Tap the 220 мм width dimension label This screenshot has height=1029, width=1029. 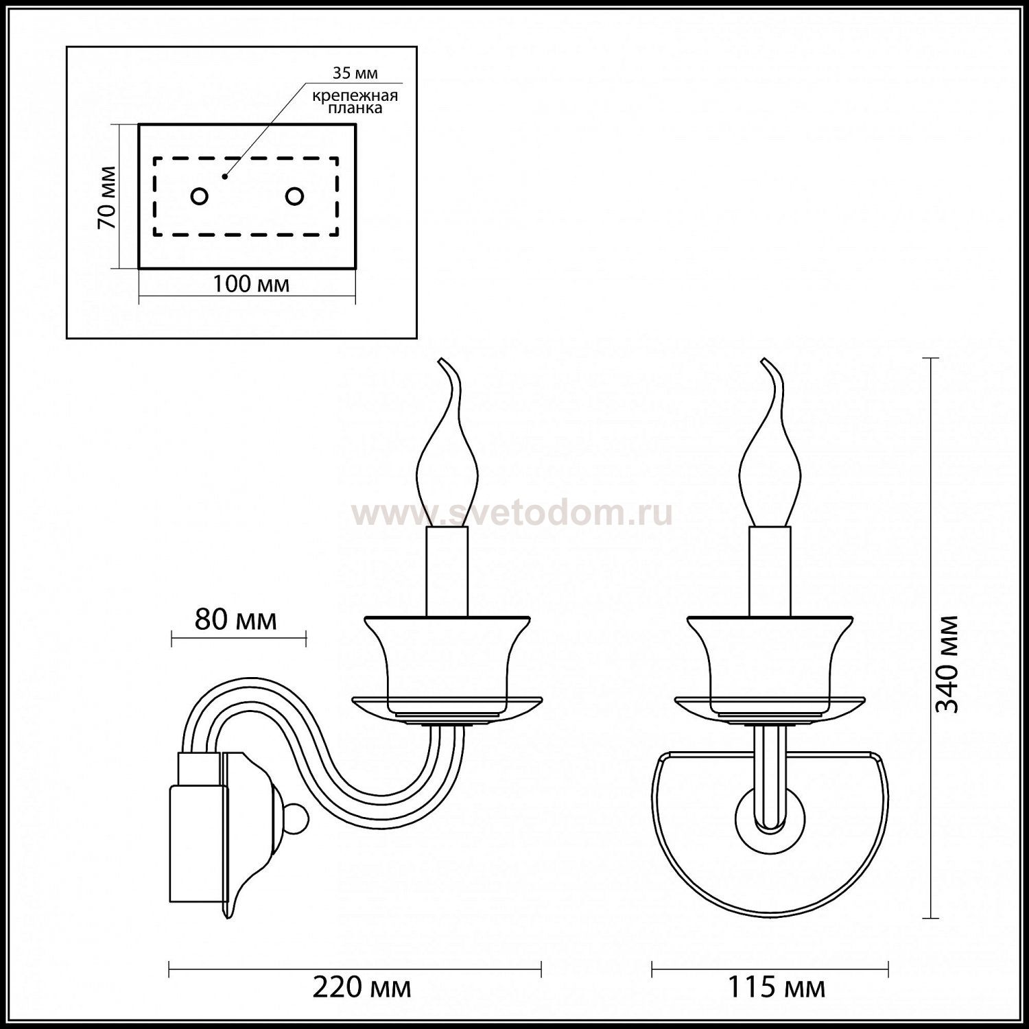(x=362, y=988)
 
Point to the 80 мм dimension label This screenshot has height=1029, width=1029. (x=235, y=620)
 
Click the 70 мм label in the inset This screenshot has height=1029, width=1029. (x=106, y=198)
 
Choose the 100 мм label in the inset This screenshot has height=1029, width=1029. (x=250, y=285)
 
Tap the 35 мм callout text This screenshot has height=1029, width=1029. (x=355, y=73)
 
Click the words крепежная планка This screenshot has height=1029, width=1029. (x=355, y=102)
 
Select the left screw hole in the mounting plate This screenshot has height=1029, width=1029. (x=199, y=197)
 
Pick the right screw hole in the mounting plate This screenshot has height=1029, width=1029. (x=294, y=197)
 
